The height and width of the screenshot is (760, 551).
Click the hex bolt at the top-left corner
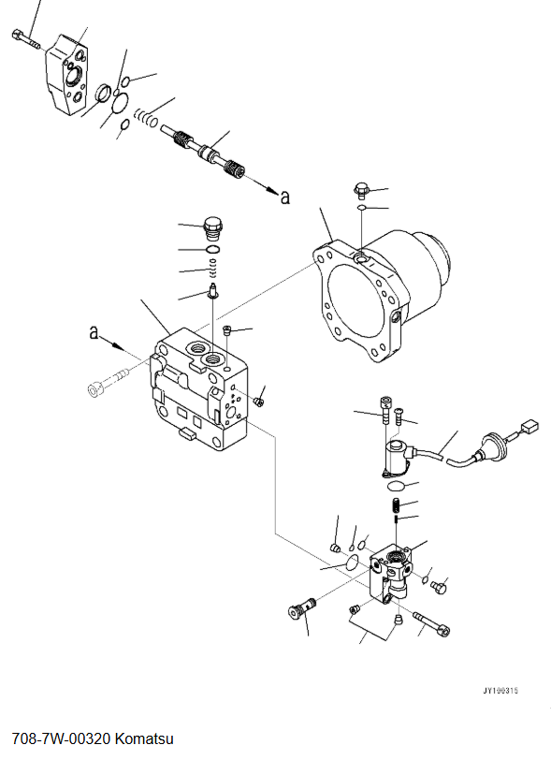(24, 38)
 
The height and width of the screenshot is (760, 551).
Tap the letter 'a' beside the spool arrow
(285, 197)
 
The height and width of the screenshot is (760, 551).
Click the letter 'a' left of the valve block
(94, 331)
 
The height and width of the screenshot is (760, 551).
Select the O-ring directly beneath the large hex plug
(213, 250)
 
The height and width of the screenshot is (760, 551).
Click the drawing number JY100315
(500, 691)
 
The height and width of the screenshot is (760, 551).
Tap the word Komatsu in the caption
(144, 739)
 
